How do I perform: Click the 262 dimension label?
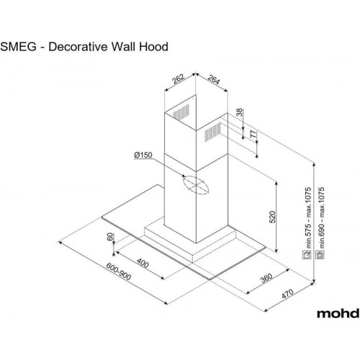coord(179,79)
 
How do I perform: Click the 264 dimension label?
coord(213,80)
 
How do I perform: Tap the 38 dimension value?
coord(239,112)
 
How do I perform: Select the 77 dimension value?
coord(253,135)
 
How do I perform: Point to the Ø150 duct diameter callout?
coord(143,155)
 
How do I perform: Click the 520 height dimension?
coord(272,217)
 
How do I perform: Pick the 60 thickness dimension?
coord(109,237)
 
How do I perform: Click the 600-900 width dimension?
coord(119,271)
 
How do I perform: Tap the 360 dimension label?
coord(266,278)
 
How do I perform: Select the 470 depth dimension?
coord(287,294)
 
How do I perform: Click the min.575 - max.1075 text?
coord(308,217)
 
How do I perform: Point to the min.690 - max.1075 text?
coord(321,217)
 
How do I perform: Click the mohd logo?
coord(338,313)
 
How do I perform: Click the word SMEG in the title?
coord(19,47)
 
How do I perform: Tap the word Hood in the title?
coord(153,46)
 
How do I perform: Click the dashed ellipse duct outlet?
coord(196,185)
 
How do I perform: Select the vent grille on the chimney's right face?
coord(212,132)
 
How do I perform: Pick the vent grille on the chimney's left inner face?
coord(181,111)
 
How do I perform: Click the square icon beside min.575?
coord(307,255)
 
